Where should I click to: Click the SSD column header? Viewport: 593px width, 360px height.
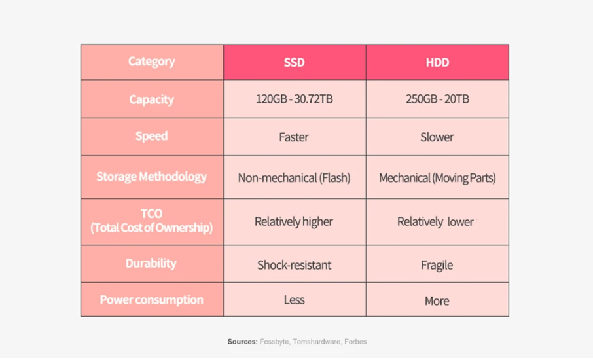pos(295,62)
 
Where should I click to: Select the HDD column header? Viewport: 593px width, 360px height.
pos(437,62)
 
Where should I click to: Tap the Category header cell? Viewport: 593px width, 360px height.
pos(152,62)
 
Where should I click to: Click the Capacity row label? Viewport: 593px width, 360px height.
pos(152,99)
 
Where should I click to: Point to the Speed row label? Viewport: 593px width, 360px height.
pos(152,136)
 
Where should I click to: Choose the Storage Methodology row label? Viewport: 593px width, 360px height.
pos(152,177)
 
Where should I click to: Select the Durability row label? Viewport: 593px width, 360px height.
pos(151,263)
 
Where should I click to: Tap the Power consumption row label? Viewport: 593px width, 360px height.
pos(152,300)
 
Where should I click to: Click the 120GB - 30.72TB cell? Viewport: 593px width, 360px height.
pos(295,99)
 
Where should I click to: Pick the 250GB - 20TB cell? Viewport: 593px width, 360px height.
pos(437,99)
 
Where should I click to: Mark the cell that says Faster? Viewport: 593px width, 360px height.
pos(294,137)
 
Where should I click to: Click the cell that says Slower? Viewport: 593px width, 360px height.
pos(437,137)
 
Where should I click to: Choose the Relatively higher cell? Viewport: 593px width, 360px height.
pos(294,222)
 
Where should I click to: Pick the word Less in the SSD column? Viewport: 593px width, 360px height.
pos(295,300)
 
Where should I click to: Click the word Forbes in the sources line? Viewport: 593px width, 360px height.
pos(355,342)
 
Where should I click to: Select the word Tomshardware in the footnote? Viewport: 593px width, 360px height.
pos(316,342)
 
